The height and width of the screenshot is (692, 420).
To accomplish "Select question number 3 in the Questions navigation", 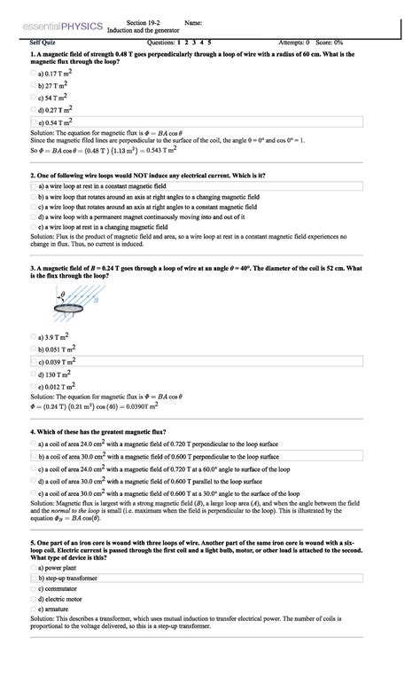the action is [195, 42].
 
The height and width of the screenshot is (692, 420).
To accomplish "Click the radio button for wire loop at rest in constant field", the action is [33, 187].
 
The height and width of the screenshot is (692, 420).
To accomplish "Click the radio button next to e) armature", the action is [33, 610].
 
